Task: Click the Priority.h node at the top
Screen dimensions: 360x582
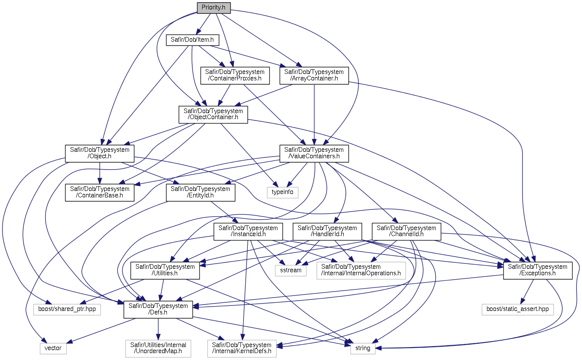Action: tap(213, 7)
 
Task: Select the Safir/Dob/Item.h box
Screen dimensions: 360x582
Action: tap(192, 40)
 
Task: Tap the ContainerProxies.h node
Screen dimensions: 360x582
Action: tap(235, 75)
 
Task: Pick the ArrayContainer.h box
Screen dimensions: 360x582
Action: tap(314, 75)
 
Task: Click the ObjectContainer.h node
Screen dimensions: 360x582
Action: tap(213, 114)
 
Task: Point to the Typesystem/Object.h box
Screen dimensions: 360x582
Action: tap(100, 153)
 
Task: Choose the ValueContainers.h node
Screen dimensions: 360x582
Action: tap(314, 153)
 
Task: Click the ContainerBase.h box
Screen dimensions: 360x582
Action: tap(100, 192)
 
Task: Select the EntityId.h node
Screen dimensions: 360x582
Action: tap(201, 192)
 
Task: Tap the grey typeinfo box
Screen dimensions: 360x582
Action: tap(282, 192)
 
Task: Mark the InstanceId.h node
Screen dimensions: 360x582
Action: tap(248, 231)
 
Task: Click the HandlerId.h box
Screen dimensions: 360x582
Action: tap(327, 231)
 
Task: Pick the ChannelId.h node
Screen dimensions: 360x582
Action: tap(406, 231)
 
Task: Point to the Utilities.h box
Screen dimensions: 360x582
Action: tap(165, 270)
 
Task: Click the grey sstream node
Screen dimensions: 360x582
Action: tap(291, 270)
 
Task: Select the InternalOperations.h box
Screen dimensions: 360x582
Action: tap(361, 270)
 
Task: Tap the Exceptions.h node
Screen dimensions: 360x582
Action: tap(538, 270)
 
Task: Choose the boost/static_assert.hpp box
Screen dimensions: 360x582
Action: tap(517, 309)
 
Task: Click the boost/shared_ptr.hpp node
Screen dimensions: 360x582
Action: tap(67, 309)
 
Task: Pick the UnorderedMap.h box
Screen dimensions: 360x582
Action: tap(158, 348)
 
